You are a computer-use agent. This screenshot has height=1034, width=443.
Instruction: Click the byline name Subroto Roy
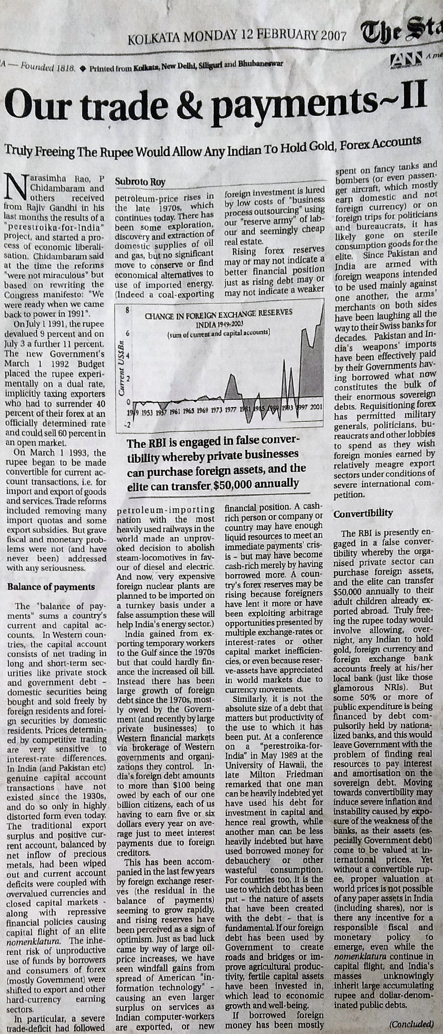(x=140, y=182)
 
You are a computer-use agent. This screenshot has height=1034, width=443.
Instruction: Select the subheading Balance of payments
(x=51, y=587)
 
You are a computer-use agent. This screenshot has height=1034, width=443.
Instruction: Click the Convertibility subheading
(x=363, y=514)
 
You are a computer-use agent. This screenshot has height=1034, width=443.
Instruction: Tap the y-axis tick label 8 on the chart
(x=127, y=310)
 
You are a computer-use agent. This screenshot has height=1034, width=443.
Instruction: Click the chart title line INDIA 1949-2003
(x=220, y=324)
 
